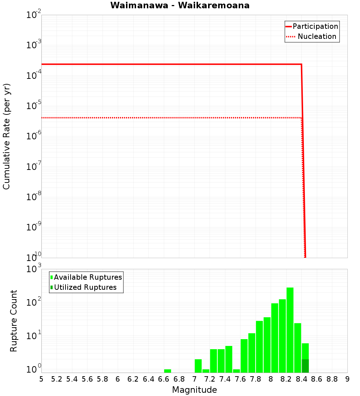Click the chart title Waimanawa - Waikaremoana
(x=180, y=5)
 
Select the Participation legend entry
(x=315, y=26)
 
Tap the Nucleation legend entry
(x=317, y=36)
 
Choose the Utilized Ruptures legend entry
(x=85, y=287)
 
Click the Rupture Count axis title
(x=14, y=320)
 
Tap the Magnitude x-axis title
(x=194, y=390)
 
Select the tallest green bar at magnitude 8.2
(x=290, y=329)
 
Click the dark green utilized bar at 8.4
(x=305, y=365)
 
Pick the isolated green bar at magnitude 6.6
(x=167, y=371)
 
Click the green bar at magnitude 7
(x=198, y=365)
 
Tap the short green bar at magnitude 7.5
(x=236, y=371)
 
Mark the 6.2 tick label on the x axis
(x=133, y=379)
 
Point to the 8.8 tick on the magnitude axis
(x=332, y=379)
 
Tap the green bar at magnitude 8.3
(x=298, y=347)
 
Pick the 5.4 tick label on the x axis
(x=72, y=379)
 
